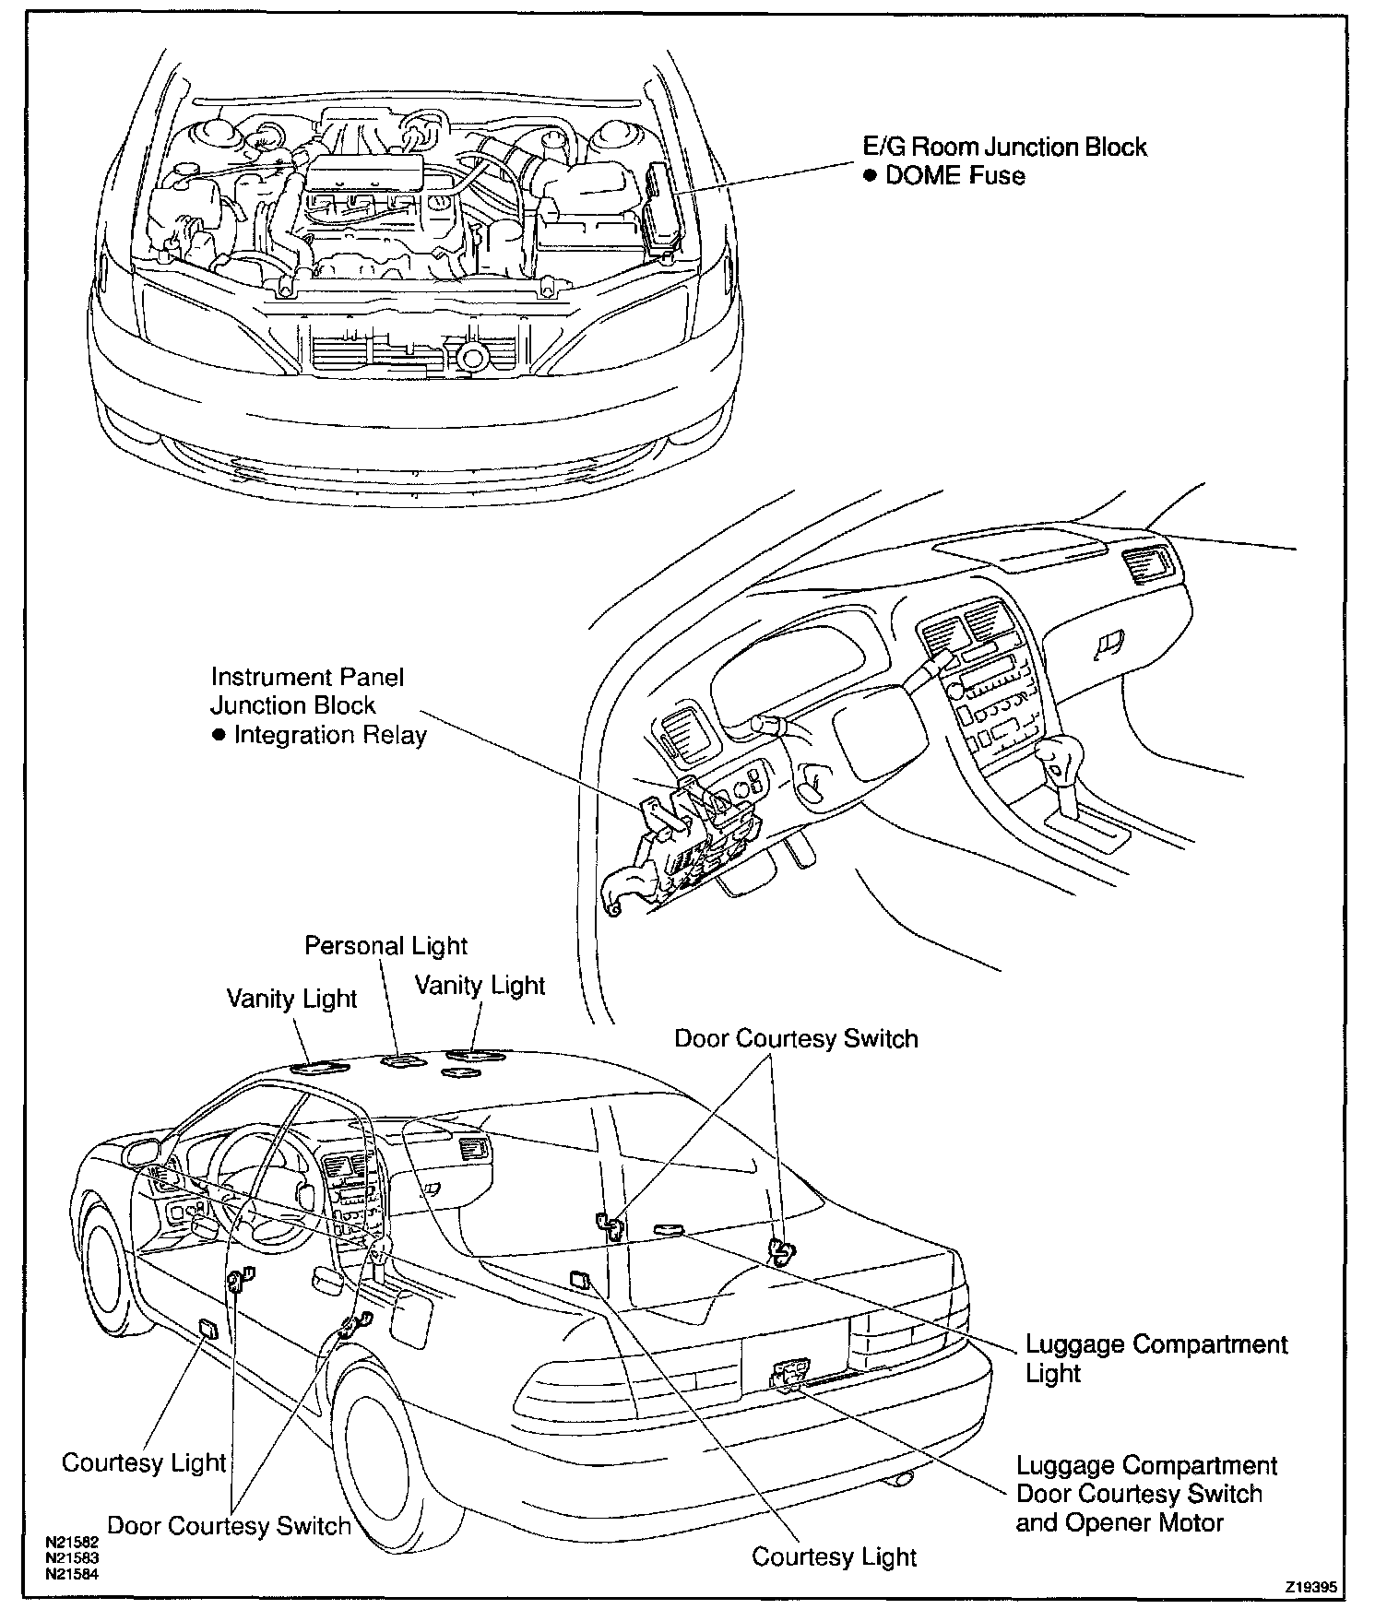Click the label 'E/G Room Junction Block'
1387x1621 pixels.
point(1003,147)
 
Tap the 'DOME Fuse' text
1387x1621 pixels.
point(954,175)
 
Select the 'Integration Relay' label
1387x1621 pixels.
point(330,735)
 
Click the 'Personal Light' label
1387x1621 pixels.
point(385,946)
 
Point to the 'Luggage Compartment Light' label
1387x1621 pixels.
point(1156,1358)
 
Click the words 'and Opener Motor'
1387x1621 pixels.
point(1120,1522)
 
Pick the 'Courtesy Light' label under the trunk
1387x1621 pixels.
point(834,1557)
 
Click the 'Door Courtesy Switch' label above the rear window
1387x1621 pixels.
point(796,1038)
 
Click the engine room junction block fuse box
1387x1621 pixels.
point(661,207)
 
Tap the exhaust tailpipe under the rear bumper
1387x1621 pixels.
point(900,1479)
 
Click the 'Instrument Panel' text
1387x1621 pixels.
point(308,677)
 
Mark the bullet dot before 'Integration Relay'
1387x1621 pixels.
point(219,735)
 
